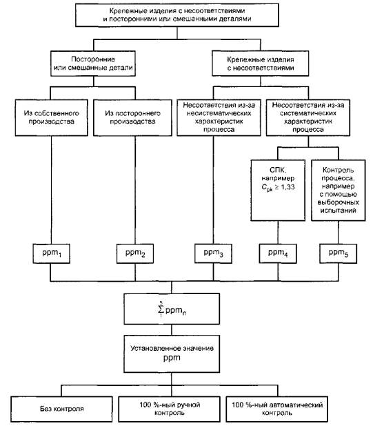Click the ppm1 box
52,253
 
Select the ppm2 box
135,253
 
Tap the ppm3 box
213,253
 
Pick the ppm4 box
278,253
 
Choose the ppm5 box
339,253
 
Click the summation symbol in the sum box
161,309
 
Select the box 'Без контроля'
61,409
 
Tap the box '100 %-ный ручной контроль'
170,409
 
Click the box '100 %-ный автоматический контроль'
277,409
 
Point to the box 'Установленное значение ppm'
172,354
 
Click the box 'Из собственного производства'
52,117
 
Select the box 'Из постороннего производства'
132,117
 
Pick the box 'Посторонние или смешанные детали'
93,64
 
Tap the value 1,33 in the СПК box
288,186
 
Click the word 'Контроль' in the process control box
339,170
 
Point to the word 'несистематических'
219,113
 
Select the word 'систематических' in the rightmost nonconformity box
308,113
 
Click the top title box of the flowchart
177,15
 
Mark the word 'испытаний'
339,211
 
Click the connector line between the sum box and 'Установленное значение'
172,330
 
